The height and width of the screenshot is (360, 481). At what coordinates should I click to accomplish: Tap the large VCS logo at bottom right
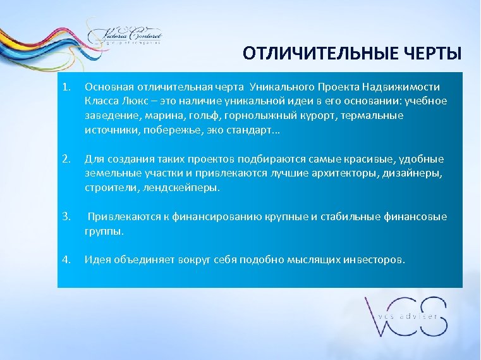point(405,316)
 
